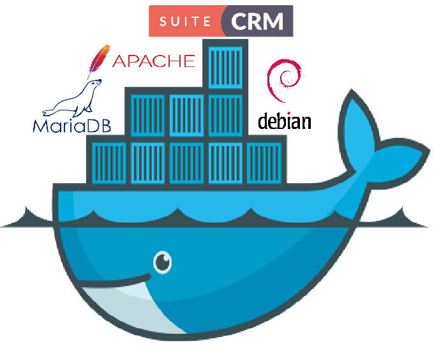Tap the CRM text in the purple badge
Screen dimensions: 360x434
257,22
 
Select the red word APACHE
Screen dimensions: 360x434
153,61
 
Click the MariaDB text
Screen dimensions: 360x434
71,124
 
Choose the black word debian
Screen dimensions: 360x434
284,121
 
